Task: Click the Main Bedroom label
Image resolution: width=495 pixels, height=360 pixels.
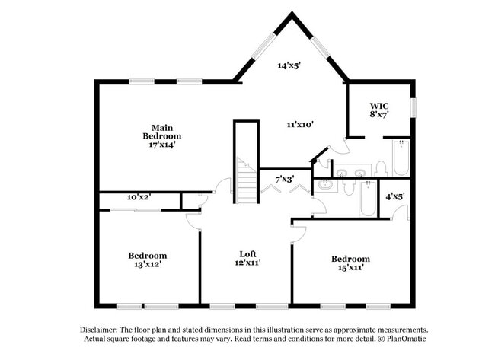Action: coord(165,132)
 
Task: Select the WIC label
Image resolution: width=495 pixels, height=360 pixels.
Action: coord(379,106)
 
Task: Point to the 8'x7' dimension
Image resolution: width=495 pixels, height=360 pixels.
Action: coord(379,115)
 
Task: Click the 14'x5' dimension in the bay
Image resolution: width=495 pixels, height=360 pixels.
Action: coord(289,66)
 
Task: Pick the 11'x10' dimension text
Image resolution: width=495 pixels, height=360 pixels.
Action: coord(300,123)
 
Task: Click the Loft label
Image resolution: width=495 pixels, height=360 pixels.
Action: coord(247,254)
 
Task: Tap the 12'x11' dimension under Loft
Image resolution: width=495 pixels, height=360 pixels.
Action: coord(247,263)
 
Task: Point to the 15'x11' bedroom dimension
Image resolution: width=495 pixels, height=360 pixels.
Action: coord(350,268)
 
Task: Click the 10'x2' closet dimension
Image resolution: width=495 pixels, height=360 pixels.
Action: coord(139,197)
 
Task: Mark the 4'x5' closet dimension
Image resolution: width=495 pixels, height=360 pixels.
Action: coord(394,196)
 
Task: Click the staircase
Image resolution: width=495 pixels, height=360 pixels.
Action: coord(245,181)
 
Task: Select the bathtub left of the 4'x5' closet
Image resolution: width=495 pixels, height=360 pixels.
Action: coord(367,200)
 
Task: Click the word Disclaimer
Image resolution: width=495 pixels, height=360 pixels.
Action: coord(97,329)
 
